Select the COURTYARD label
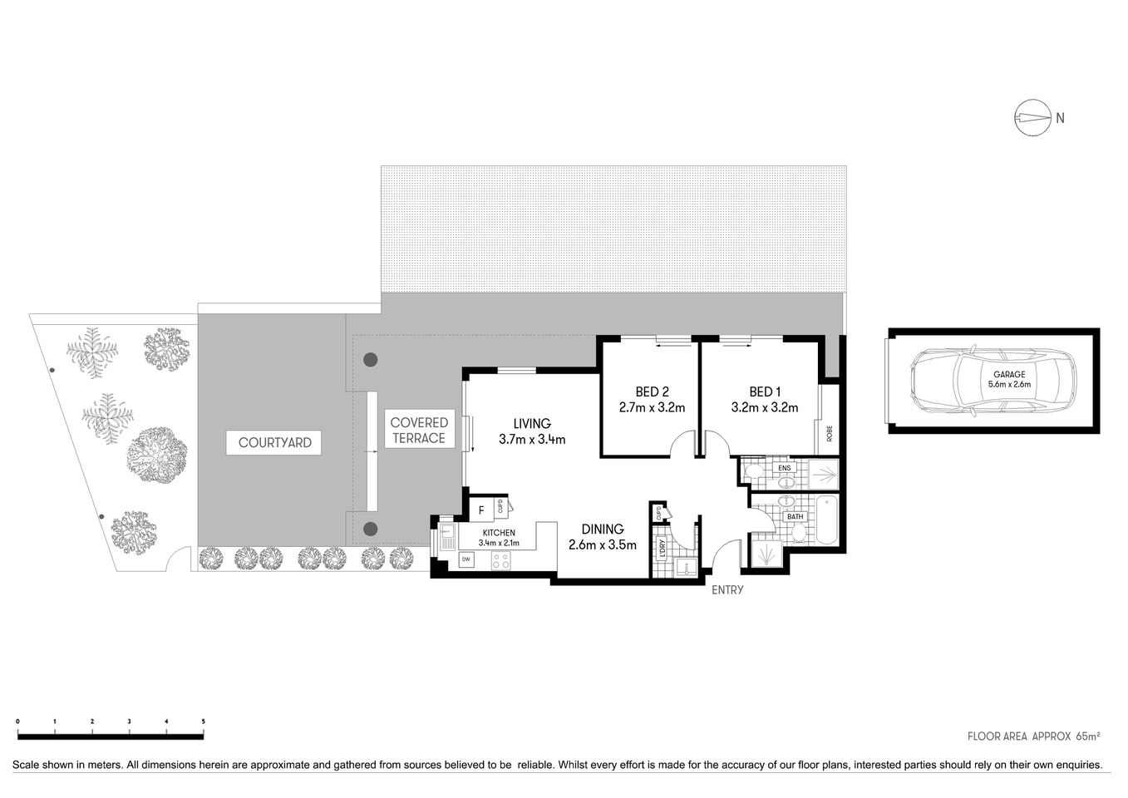274,442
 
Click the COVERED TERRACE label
419,430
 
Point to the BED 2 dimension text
652,407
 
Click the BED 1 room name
765,392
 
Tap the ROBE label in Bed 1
829,434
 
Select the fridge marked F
481,509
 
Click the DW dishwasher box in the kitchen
466,559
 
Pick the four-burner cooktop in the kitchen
501,561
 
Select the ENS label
783,468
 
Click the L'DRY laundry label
662,549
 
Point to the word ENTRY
727,590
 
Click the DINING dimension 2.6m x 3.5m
602,545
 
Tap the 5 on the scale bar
204,722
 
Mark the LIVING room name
532,424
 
